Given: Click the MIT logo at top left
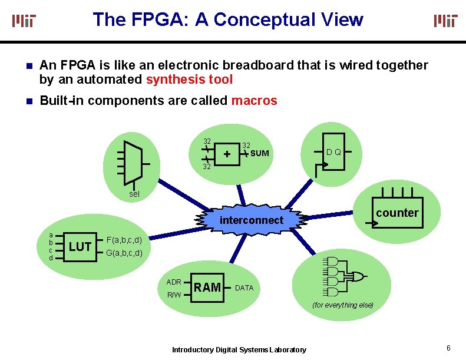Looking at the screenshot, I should (x=24, y=21).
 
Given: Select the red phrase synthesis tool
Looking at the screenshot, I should (x=189, y=80).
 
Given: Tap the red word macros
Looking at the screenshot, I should (x=254, y=101).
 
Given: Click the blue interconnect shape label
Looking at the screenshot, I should (x=252, y=220).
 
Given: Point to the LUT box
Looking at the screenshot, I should (x=80, y=246).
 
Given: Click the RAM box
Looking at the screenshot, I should (x=207, y=288).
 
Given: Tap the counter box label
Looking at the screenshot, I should (x=396, y=213).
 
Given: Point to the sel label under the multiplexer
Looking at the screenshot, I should (x=135, y=194).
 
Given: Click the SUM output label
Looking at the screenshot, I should (x=259, y=154).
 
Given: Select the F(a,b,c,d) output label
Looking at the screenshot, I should (x=124, y=240).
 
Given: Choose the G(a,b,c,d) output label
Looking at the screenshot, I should (x=124, y=253).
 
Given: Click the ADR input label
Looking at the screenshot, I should (x=174, y=282).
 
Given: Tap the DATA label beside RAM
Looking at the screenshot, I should (x=244, y=288).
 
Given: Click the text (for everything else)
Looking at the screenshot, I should (x=343, y=305).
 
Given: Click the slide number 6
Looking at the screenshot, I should (x=449, y=348).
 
